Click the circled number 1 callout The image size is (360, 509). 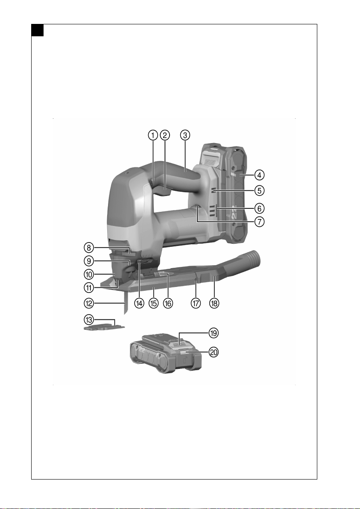tap(153, 135)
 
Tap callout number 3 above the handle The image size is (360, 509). tap(185, 135)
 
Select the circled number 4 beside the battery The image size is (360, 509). tap(259, 175)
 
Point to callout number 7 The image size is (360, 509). tap(259, 222)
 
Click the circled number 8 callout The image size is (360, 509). tap(89, 248)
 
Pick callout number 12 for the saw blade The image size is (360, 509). tap(89, 304)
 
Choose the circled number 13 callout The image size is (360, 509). tap(89, 320)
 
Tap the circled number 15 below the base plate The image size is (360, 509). tap(153, 303)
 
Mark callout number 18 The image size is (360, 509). tap(214, 303)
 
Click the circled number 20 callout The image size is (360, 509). tap(213, 352)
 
